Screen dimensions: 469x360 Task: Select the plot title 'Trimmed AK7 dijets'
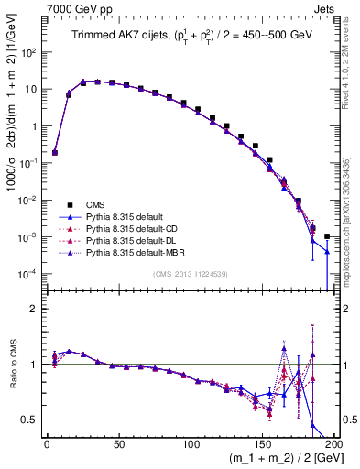click(111, 36)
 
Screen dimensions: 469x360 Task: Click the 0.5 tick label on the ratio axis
click(34, 420)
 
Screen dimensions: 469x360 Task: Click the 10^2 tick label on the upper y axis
click(32, 52)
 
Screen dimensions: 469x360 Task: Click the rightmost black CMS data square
click(327, 236)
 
